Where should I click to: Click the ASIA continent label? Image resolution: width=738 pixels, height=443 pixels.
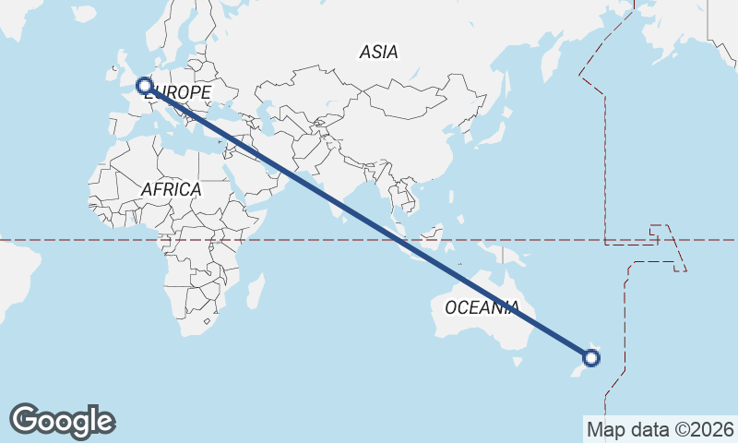378,53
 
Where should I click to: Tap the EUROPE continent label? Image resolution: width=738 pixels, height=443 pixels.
178,92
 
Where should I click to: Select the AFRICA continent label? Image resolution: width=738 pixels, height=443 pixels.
171,189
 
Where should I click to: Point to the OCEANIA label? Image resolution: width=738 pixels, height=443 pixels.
482,307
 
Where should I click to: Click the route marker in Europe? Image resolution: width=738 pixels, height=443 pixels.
144,86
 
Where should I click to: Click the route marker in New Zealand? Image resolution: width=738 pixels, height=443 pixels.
592,358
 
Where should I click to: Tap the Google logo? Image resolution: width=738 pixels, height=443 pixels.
62,420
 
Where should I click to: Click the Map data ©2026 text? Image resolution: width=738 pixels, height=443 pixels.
660,429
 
